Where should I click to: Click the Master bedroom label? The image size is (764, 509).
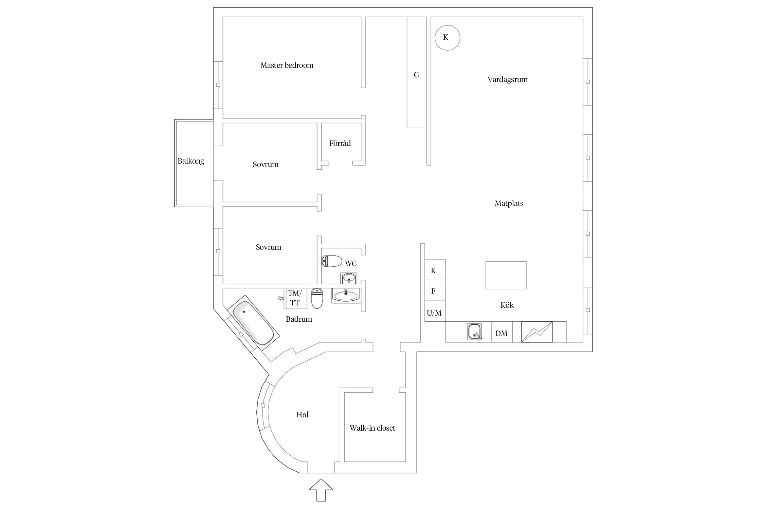pyautogui.click(x=287, y=65)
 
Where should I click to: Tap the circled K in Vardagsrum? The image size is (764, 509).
pyautogui.click(x=447, y=38)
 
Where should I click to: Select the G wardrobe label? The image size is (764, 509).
pyautogui.click(x=416, y=75)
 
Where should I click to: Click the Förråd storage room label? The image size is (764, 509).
pyautogui.click(x=340, y=143)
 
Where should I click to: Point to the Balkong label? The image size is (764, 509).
pyautogui.click(x=191, y=161)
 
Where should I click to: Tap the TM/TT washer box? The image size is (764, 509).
pyautogui.click(x=295, y=298)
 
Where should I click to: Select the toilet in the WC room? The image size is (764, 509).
pyautogui.click(x=332, y=261)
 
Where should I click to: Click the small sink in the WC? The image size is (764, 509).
pyautogui.click(x=349, y=279)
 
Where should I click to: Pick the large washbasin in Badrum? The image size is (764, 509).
pyautogui.click(x=346, y=295)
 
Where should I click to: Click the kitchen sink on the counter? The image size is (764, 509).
pyautogui.click(x=474, y=332)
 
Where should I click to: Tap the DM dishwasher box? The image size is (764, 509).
pyautogui.click(x=502, y=333)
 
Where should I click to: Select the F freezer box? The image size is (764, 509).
pyautogui.click(x=434, y=290)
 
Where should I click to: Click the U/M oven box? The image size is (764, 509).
pyautogui.click(x=434, y=312)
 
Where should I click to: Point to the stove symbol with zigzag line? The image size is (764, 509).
pyautogui.click(x=536, y=332)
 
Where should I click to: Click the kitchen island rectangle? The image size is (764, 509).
pyautogui.click(x=506, y=275)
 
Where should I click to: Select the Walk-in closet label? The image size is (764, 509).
pyautogui.click(x=372, y=428)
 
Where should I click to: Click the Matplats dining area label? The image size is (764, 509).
pyautogui.click(x=509, y=204)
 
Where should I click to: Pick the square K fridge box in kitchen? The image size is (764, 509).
pyautogui.click(x=434, y=270)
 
